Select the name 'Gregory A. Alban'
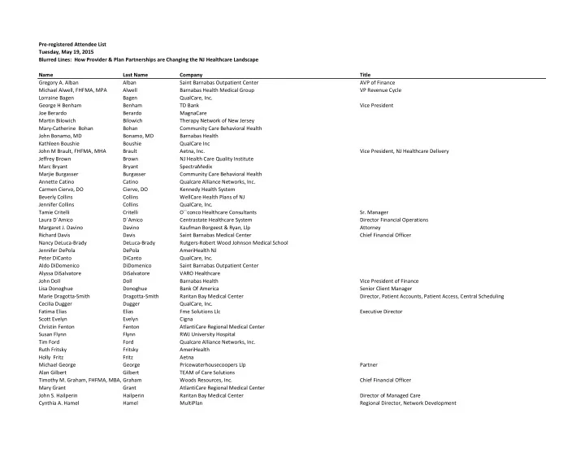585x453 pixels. [x=62, y=82]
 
